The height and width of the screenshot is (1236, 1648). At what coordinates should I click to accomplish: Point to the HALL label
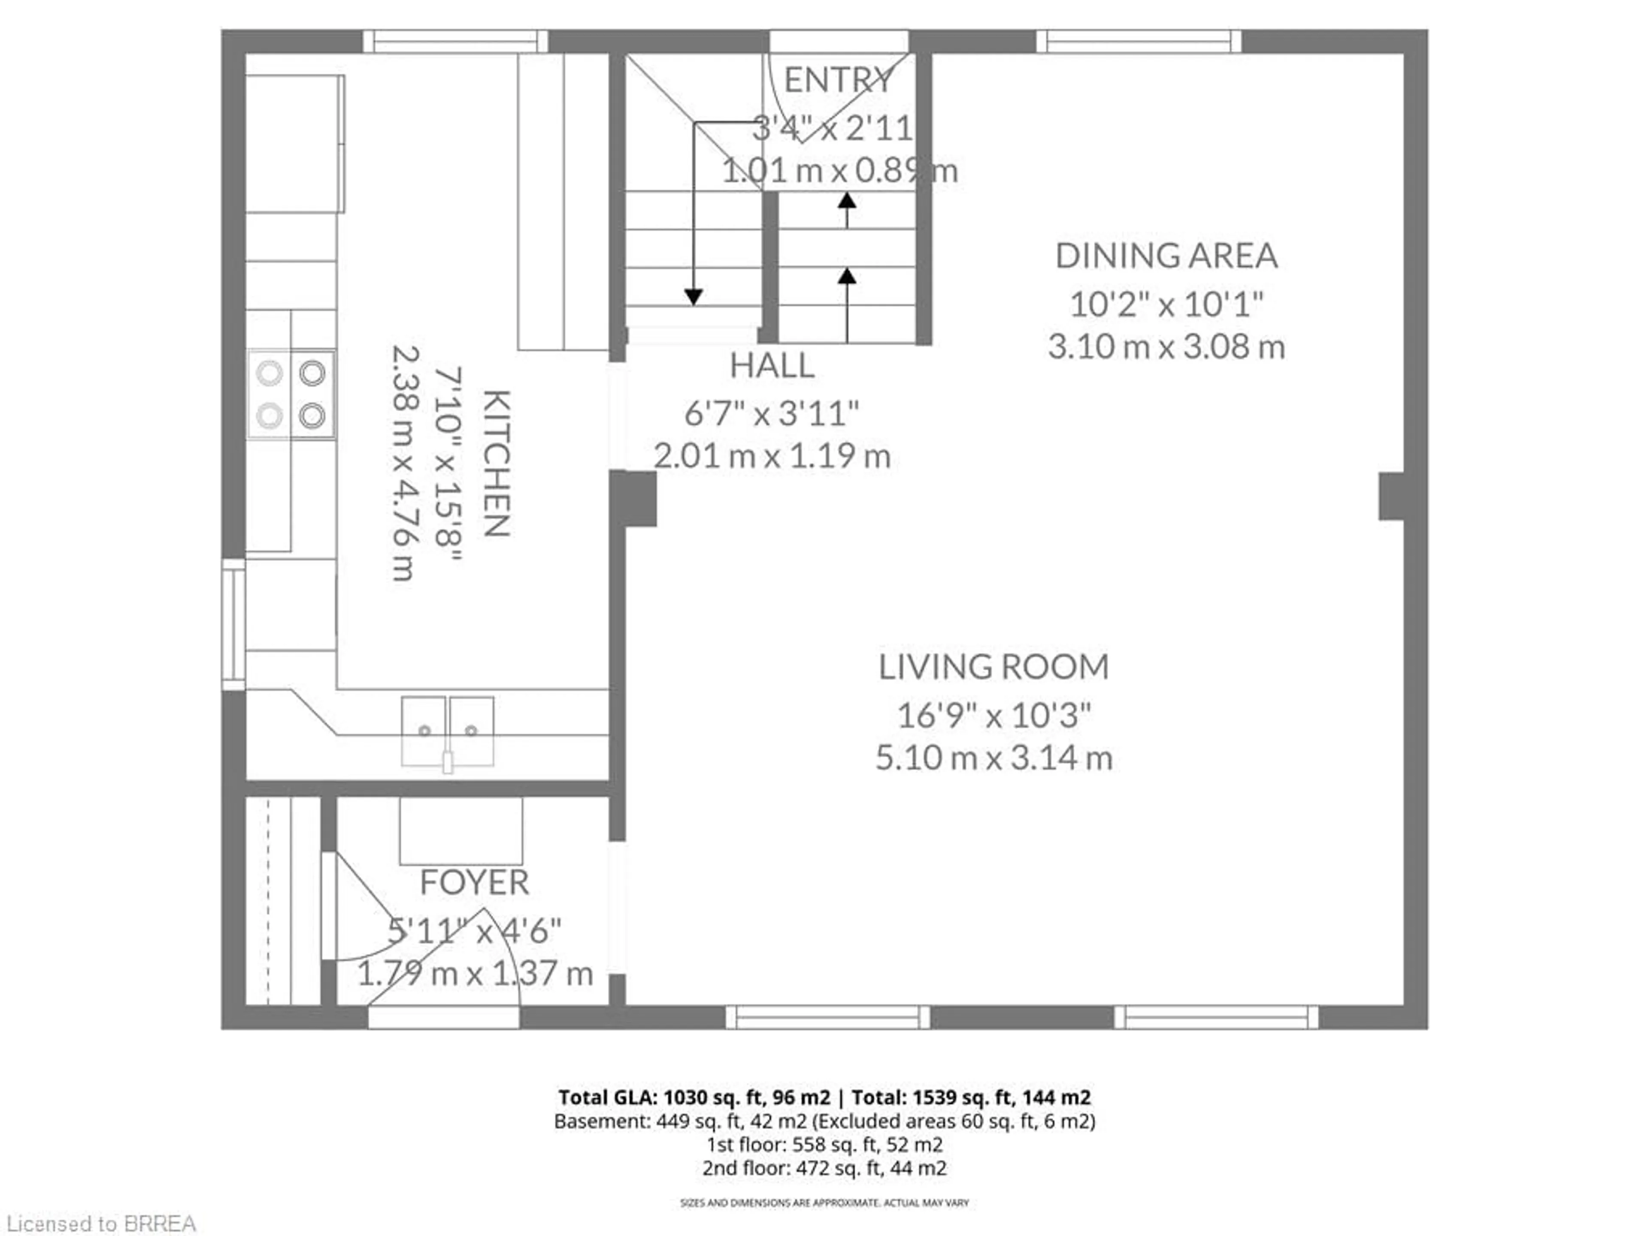coord(772,366)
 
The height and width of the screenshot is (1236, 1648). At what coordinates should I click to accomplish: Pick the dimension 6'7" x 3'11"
coord(772,413)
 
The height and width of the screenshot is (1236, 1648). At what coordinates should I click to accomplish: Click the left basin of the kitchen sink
coord(424,730)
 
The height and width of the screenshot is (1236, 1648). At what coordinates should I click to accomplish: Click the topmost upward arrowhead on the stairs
coord(846,200)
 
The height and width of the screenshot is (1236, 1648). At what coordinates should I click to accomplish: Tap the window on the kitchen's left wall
coord(233,624)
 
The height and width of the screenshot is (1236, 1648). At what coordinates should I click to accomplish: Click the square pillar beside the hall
coord(634,498)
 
